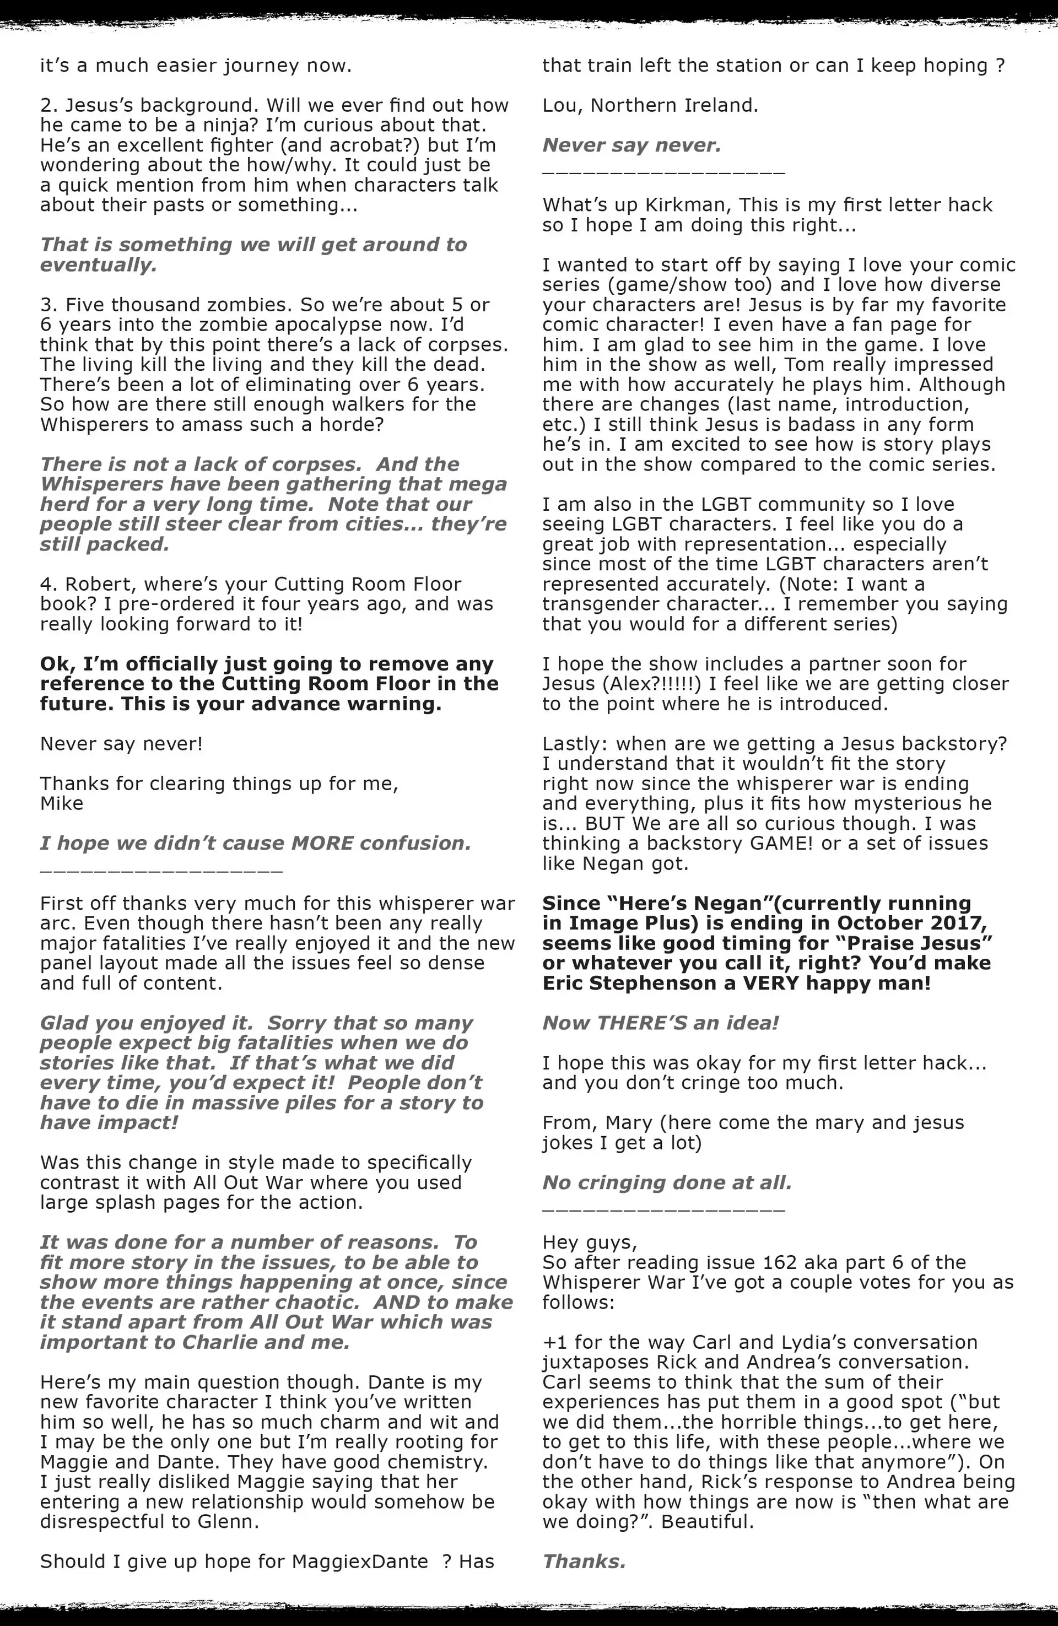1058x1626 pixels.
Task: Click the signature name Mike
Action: [x=62, y=803]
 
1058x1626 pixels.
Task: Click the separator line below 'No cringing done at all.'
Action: [x=663, y=1211]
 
